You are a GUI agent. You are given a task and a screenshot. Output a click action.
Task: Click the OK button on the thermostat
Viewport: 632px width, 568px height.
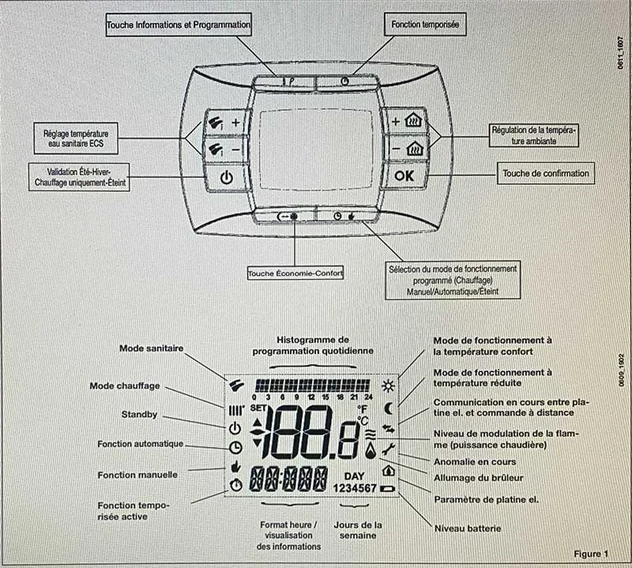(x=404, y=176)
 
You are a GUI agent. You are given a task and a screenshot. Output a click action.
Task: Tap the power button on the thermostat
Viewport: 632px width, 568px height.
(x=227, y=176)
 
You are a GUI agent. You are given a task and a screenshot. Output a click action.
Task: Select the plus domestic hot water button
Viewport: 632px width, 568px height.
(x=226, y=122)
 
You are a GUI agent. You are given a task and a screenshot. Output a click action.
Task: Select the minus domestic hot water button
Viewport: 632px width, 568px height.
(x=226, y=148)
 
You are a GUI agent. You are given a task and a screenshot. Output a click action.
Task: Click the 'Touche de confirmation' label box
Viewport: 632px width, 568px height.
(x=546, y=172)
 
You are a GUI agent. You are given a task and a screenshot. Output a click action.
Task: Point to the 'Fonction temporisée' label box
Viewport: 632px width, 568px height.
(x=425, y=25)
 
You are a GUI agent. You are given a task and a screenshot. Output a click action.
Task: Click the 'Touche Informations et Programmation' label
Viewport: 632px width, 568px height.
(x=179, y=25)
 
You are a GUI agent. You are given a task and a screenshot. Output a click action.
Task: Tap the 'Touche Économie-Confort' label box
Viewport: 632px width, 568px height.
(x=296, y=273)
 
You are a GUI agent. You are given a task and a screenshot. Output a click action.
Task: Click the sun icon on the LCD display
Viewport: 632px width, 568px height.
(x=387, y=386)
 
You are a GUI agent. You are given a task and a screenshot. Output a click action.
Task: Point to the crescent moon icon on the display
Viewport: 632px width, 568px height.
(x=388, y=408)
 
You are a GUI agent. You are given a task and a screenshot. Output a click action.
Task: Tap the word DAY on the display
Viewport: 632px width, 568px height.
(x=354, y=476)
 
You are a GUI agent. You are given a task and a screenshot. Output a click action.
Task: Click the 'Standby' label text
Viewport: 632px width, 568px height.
(x=139, y=413)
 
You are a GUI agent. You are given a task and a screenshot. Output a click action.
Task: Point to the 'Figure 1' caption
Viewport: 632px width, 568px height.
(x=591, y=553)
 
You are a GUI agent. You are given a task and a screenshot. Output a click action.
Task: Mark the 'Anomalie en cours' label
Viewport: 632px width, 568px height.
(x=475, y=461)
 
